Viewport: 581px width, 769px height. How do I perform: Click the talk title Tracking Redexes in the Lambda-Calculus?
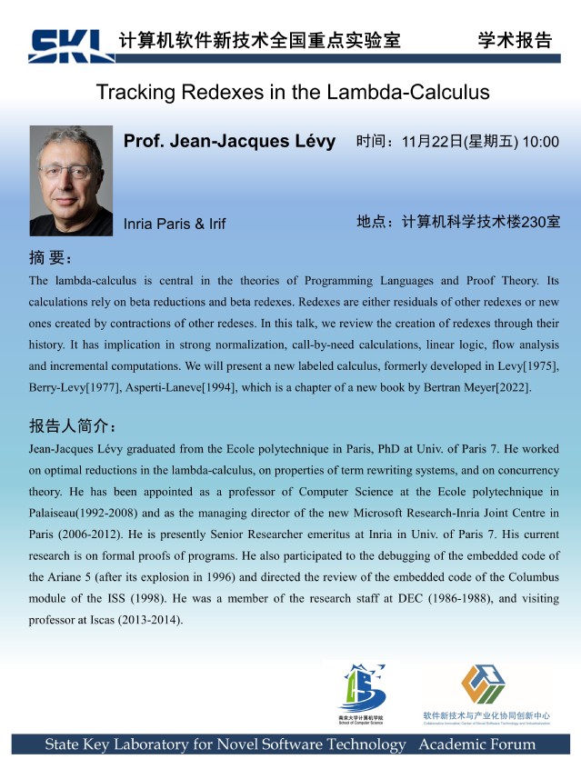293,93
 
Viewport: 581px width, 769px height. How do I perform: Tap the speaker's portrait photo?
71,181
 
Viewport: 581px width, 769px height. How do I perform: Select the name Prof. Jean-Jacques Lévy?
229,142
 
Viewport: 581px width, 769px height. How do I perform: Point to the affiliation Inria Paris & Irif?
175,224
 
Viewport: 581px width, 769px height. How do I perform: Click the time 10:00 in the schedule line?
540,142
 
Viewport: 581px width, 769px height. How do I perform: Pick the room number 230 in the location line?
522,222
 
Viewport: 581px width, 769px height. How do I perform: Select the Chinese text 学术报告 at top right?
515,39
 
